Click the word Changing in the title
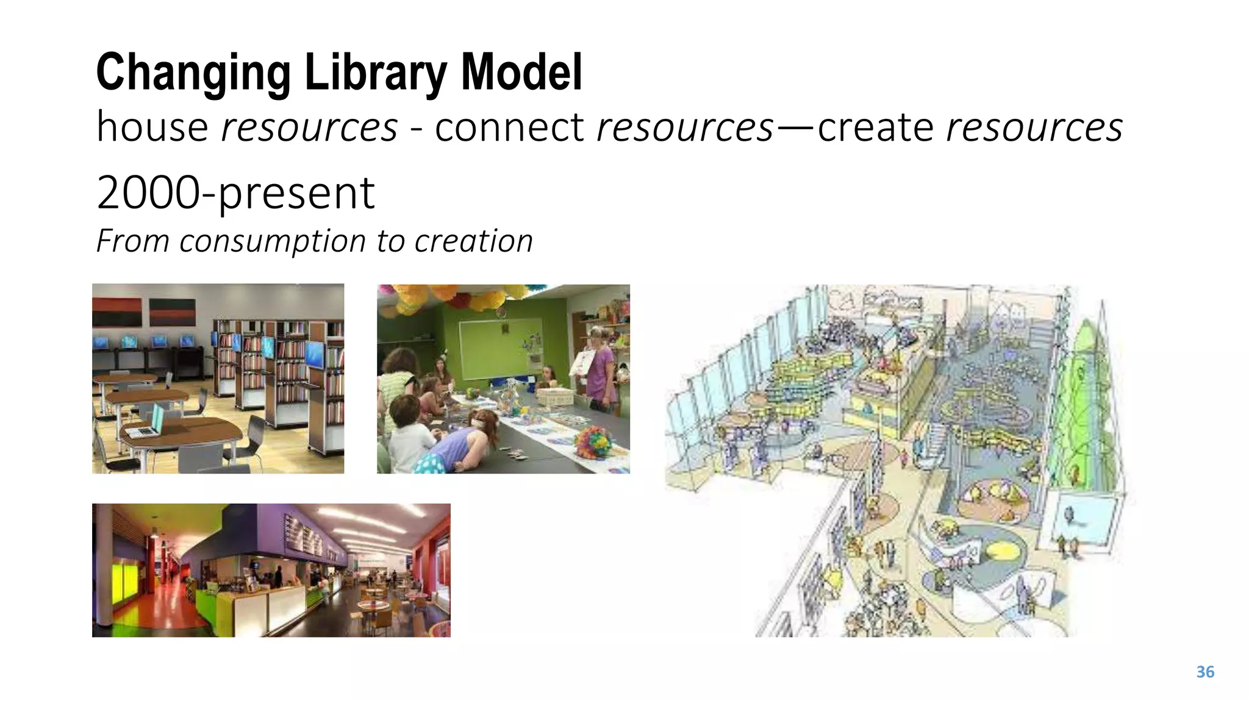pyautogui.click(x=193, y=73)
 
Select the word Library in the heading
pyautogui.click(x=375, y=73)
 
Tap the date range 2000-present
pyautogui.click(x=235, y=193)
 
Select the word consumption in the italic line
pyautogui.click(x=274, y=241)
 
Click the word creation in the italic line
pyautogui.click(x=474, y=241)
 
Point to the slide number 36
pyautogui.click(x=1205, y=672)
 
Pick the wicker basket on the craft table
pyautogui.click(x=556, y=397)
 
